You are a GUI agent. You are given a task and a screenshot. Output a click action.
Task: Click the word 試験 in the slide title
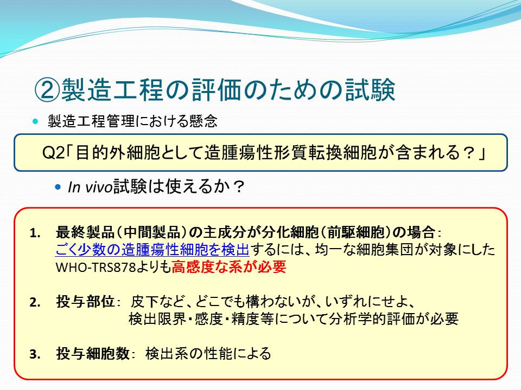click(370, 90)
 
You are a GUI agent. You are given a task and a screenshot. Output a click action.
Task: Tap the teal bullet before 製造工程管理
click(36, 121)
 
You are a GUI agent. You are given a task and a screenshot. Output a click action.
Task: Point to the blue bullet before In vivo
click(58, 187)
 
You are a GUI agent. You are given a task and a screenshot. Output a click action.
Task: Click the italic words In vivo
click(90, 187)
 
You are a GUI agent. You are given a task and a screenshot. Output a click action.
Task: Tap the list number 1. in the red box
click(35, 233)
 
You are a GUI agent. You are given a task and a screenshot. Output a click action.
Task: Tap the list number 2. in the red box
click(35, 302)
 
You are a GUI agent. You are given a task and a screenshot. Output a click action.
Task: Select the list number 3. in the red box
click(35, 354)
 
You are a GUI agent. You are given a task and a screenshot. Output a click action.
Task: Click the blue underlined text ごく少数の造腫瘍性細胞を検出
click(152, 250)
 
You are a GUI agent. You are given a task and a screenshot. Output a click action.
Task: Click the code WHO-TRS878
click(97, 267)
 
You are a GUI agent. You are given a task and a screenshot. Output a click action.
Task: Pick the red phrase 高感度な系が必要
click(229, 266)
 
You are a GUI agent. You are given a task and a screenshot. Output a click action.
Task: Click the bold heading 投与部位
click(85, 302)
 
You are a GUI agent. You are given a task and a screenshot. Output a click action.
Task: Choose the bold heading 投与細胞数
click(93, 354)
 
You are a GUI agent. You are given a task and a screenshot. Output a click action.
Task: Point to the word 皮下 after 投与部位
click(145, 302)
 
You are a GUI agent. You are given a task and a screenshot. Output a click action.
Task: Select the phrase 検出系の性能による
click(208, 354)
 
